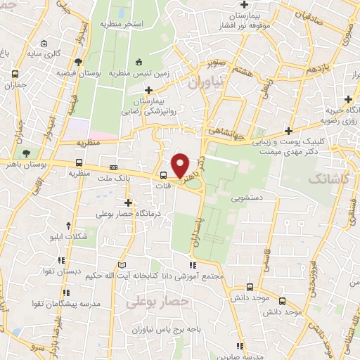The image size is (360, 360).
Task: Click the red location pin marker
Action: (181, 165)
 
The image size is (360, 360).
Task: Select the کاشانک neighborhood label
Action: (328, 179)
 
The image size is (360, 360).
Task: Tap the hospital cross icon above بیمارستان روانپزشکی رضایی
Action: (148, 90)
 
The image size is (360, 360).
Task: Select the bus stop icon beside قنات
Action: (163, 176)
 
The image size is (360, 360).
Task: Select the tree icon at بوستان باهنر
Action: (26, 153)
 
